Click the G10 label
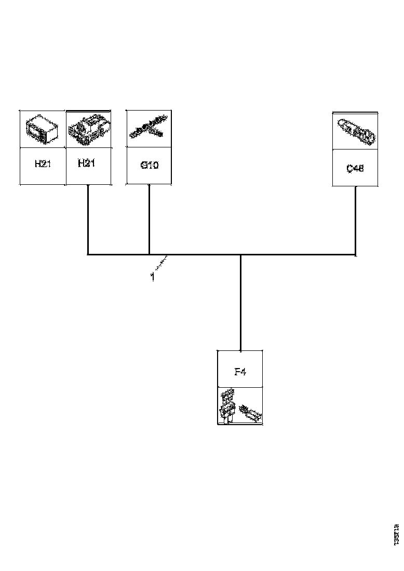pos(150,166)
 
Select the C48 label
pos(355,168)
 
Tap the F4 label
pos(239,372)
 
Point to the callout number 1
pos(153,277)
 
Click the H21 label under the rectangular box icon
pos(42,164)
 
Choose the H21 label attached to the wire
pos(88,164)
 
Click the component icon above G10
pos(147,129)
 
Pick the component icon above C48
pos(356,131)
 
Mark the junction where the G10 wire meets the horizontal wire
pos(150,254)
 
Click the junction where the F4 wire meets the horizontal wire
pos(240,255)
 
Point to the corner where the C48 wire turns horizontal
pos(355,254)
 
